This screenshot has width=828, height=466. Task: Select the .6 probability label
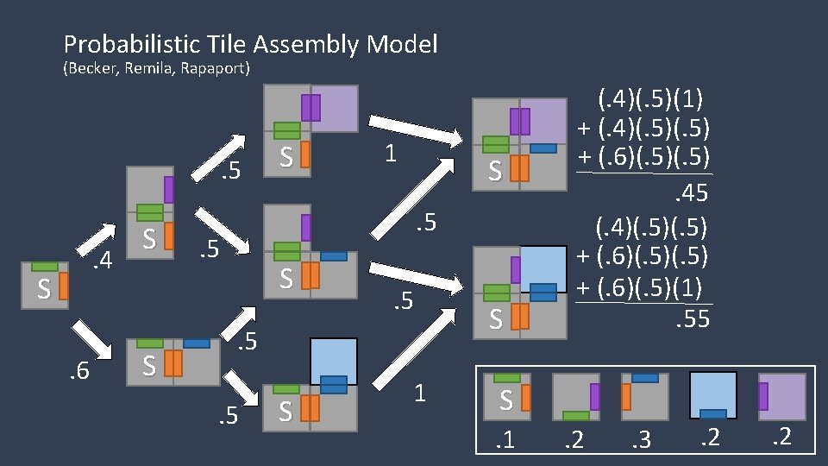click(x=80, y=372)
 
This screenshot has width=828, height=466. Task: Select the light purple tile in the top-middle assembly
click(x=335, y=108)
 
